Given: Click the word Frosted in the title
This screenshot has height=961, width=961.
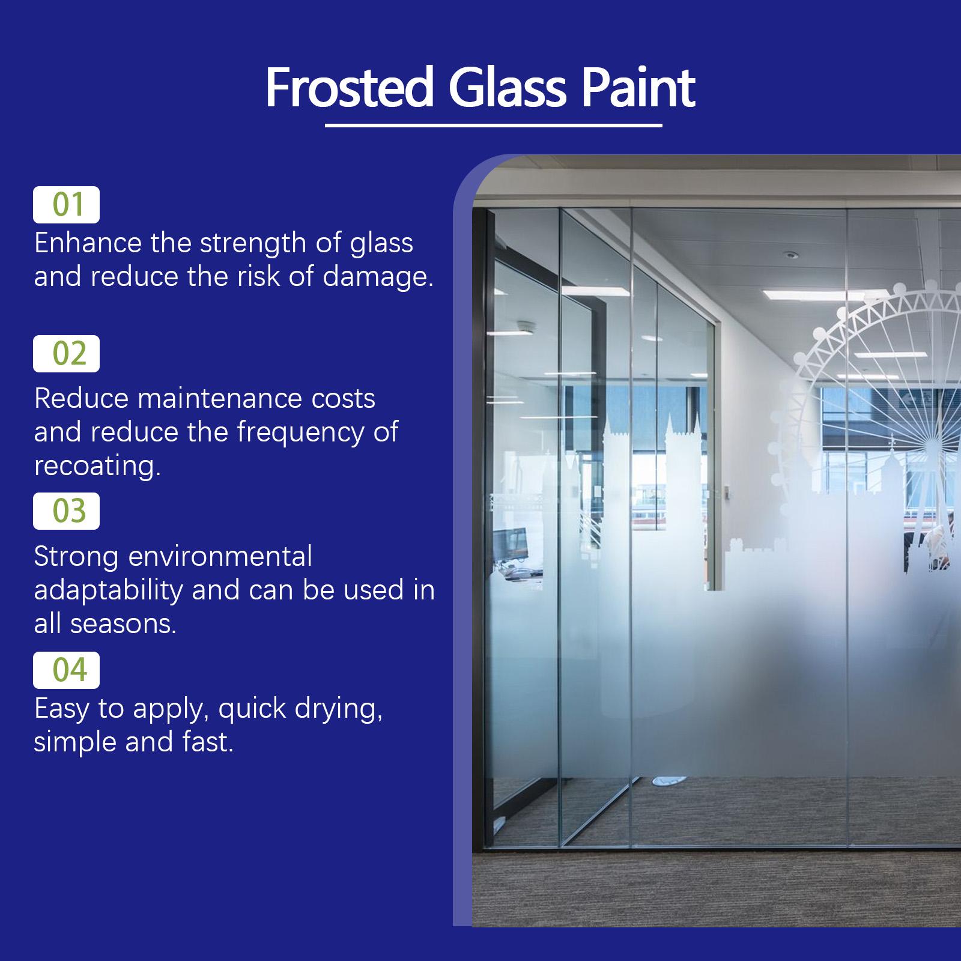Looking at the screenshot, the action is click(350, 88).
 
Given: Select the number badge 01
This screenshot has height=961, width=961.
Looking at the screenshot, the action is click(66, 205).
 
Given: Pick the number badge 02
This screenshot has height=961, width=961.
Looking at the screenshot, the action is click(66, 354).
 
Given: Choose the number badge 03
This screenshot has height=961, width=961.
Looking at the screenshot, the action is click(66, 511).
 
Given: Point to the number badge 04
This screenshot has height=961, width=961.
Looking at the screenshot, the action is click(66, 670).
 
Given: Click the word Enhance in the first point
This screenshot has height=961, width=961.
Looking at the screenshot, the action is click(88, 243).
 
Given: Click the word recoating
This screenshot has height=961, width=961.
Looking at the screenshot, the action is click(97, 466).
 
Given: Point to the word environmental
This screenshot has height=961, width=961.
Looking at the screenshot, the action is click(220, 557).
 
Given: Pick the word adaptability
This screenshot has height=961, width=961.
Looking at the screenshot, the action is click(108, 590).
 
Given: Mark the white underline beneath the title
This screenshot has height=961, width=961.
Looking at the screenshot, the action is click(494, 126).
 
